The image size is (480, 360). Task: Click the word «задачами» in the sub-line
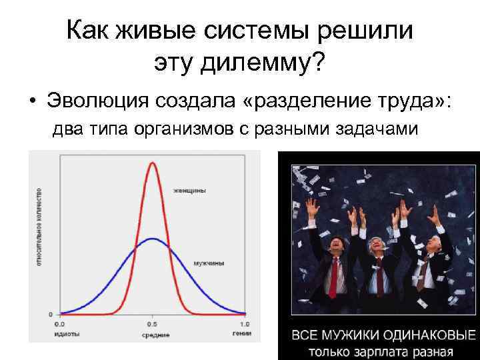point(379,130)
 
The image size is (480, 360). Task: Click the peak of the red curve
point(153,162)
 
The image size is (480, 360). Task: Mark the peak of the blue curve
point(153,239)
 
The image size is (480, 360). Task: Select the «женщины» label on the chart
point(190,191)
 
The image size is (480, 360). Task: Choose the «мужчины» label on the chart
point(209,264)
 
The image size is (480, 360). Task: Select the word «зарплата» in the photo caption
point(383,351)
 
